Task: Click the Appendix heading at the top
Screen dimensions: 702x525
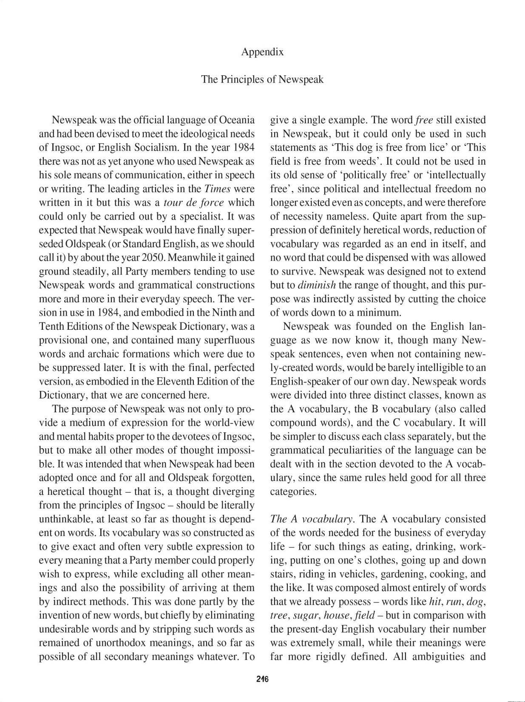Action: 262,52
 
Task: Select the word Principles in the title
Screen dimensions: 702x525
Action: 242,80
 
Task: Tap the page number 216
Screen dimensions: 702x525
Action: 262,679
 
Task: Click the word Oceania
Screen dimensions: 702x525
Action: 236,120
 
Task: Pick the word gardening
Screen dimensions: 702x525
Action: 403,574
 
